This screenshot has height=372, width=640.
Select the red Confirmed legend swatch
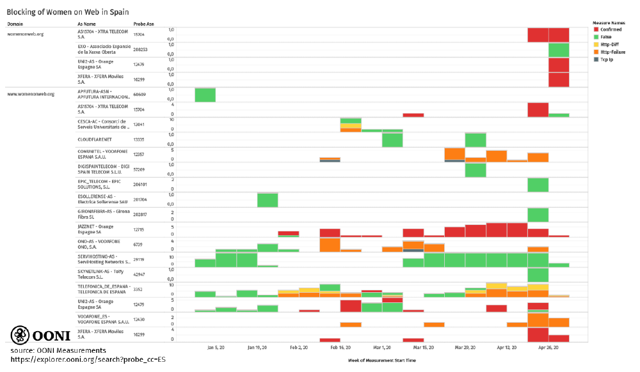click(596, 29)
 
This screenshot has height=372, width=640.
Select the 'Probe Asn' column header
click(143, 24)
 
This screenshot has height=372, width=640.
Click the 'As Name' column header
click(86, 24)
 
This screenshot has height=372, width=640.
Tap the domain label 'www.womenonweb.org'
click(30, 94)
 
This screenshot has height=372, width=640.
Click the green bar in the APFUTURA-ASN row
click(205, 95)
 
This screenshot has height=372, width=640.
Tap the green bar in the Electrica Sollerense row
click(268, 199)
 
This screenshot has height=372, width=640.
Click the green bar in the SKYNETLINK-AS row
click(538, 274)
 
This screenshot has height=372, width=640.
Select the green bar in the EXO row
click(559, 50)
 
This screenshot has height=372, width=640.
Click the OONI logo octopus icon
click(20, 335)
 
